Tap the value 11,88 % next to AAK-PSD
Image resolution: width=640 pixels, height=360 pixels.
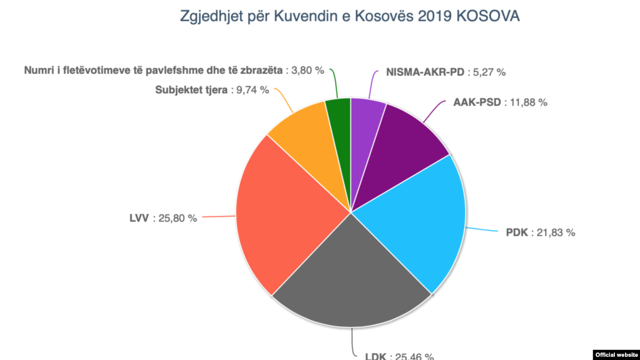click(526, 102)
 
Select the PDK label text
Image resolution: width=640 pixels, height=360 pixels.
click(517, 232)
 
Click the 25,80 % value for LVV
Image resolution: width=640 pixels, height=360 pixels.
click(175, 219)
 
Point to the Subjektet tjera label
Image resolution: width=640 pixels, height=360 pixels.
click(190, 90)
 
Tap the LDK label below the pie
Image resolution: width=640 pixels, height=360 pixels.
click(376, 356)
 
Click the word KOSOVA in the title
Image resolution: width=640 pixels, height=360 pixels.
click(489, 16)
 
